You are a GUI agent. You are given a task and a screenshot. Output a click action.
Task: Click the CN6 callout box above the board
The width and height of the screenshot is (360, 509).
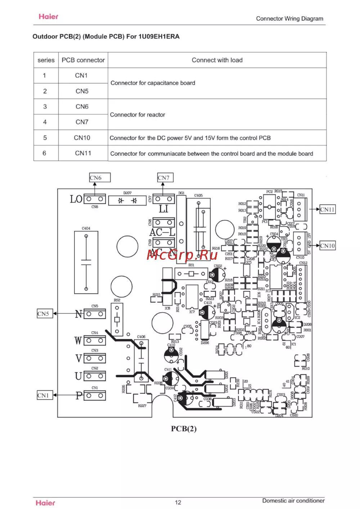100,178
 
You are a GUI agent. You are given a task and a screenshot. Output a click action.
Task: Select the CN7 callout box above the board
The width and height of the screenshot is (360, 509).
165,178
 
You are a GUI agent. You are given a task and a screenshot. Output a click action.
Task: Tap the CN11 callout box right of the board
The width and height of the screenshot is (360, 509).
328,209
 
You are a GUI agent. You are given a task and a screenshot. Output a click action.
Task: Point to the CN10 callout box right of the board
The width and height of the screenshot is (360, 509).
328,246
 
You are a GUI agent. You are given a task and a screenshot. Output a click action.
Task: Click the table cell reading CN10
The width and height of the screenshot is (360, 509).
82,138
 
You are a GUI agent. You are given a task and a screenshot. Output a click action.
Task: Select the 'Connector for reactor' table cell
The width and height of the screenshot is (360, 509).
138,115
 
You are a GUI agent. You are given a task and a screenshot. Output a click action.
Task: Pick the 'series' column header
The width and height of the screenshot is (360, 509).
46,60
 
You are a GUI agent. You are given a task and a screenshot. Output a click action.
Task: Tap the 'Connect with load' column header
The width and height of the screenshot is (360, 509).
217,60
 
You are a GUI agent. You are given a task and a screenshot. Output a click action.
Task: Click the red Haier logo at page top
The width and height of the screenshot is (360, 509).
48,17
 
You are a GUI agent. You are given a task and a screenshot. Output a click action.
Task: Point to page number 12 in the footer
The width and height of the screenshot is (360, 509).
178,503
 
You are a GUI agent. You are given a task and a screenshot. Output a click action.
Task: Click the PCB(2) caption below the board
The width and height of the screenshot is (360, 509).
184,429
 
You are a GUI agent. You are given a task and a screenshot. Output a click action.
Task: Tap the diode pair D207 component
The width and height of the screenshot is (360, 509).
127,200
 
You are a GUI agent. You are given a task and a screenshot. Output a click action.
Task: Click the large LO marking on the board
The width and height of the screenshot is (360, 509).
76,199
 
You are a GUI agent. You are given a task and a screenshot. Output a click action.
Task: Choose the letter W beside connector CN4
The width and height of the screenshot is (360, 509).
78,341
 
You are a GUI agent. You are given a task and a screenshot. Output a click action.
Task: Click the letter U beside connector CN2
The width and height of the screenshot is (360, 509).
78,376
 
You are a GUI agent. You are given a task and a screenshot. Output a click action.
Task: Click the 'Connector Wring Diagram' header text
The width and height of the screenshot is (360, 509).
289,19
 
